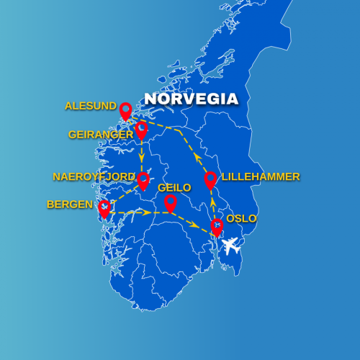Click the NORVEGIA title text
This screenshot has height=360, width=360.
[191, 99]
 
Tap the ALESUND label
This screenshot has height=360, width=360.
[90, 106]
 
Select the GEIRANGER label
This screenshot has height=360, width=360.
[99, 135]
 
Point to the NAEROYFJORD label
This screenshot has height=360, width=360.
[94, 176]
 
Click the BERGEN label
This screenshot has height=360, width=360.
[70, 204]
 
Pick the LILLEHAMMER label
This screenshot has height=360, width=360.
[261, 176]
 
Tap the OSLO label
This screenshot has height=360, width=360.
[241, 219]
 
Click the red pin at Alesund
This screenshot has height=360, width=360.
[125, 110]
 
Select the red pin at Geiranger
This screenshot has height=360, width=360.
[141, 130]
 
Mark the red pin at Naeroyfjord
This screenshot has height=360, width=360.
[143, 180]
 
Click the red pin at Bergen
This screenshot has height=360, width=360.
[105, 208]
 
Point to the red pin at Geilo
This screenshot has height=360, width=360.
[170, 202]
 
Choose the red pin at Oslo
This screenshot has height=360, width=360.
[217, 227]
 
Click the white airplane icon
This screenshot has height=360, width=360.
[232, 248]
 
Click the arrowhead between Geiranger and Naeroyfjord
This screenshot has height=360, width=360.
[142, 156]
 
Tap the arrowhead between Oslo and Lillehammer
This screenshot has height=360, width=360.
[212, 204]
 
